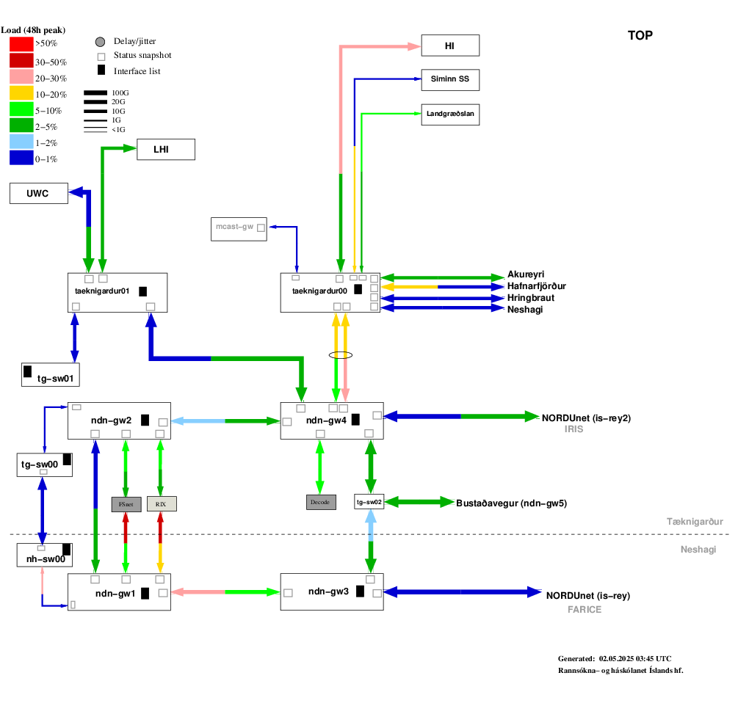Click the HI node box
pos(450,45)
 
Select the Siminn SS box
pos(450,80)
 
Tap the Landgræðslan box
pos(450,114)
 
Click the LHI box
pos(166,150)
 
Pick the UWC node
pos(39,193)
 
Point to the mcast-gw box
pos(239,229)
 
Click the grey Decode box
pos(321,502)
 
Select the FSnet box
pos(126,504)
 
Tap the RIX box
pos(162,504)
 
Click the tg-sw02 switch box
pos(369,502)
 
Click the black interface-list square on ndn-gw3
pos(360,591)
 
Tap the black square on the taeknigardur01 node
pos(142,291)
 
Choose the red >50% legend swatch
pos(21,44)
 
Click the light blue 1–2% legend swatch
pos(21,142)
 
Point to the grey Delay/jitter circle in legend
pos(101,42)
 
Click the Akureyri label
pos(526,274)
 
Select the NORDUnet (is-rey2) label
pos(586,418)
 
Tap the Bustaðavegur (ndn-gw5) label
pos(511,503)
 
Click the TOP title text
pos(640,36)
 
